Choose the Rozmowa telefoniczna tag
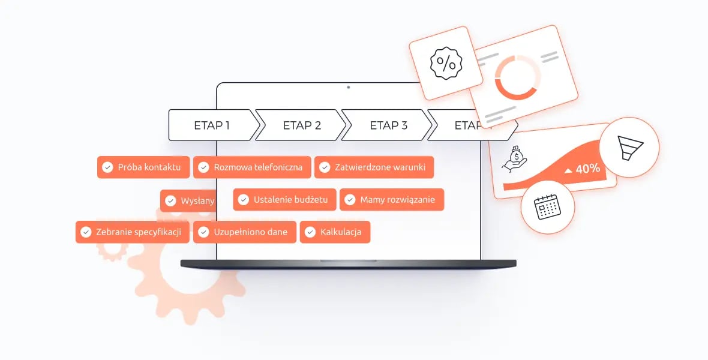click(252, 167)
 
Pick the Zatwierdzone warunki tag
click(374, 167)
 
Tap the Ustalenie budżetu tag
click(284, 200)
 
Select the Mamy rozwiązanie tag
click(392, 200)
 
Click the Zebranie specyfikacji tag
click(132, 232)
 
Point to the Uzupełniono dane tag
click(245, 232)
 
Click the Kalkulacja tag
click(335, 232)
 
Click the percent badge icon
click(446, 63)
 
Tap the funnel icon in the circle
click(629, 147)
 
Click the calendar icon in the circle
click(547, 207)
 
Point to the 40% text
click(587, 169)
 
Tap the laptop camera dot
click(348, 88)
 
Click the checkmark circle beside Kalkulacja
click(310, 232)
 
